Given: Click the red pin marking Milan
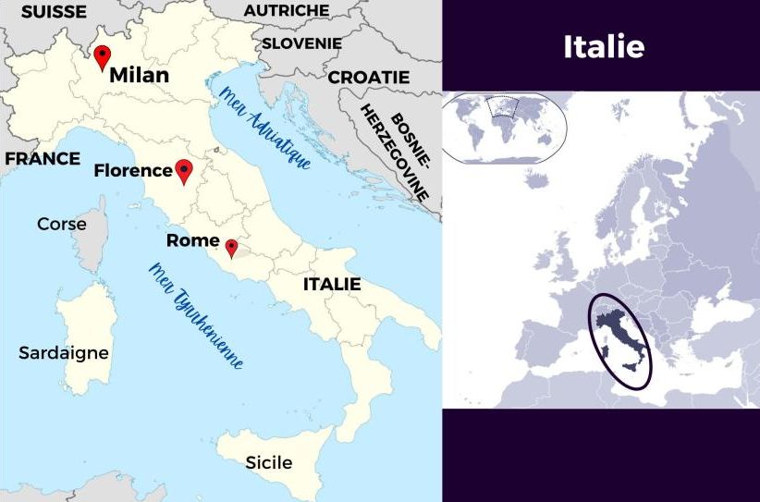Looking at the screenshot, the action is (x=103, y=56).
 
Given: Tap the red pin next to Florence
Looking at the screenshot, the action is (x=184, y=171).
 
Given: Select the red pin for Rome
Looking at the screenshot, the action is (x=231, y=248).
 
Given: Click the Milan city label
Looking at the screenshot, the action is (x=139, y=76).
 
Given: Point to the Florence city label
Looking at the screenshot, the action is (x=133, y=170).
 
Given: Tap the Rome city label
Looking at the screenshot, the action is (x=192, y=240).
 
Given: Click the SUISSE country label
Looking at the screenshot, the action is (x=54, y=12).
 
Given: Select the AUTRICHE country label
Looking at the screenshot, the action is (x=286, y=10).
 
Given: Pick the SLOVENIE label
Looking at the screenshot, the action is (x=301, y=43).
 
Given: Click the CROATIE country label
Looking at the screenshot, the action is (x=369, y=77).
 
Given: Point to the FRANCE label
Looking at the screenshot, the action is (x=43, y=159).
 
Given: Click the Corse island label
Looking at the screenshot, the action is (x=62, y=224).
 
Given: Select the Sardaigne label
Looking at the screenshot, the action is (x=64, y=352).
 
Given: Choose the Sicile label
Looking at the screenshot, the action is (x=268, y=462).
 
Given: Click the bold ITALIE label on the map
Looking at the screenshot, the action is (x=332, y=284).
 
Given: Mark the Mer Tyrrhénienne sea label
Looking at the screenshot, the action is (x=197, y=315).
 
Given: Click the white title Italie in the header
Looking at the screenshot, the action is (x=603, y=46).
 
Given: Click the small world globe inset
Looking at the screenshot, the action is (x=503, y=127).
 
